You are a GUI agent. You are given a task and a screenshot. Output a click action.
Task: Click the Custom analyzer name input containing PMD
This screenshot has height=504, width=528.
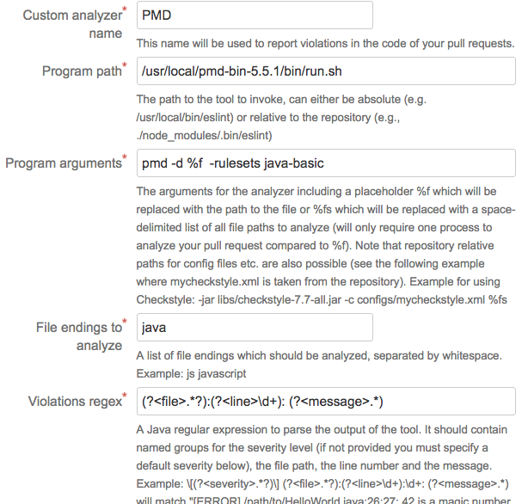pos(254,15)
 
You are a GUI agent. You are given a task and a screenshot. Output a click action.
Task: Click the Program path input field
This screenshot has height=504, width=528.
pos(326,71)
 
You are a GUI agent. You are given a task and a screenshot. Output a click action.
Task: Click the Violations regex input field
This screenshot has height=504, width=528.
pos(326,400)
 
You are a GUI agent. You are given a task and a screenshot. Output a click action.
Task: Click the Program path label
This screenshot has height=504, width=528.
pos(82,71)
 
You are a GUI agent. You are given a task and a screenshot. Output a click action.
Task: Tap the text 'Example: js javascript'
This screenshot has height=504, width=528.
pos(192,374)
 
